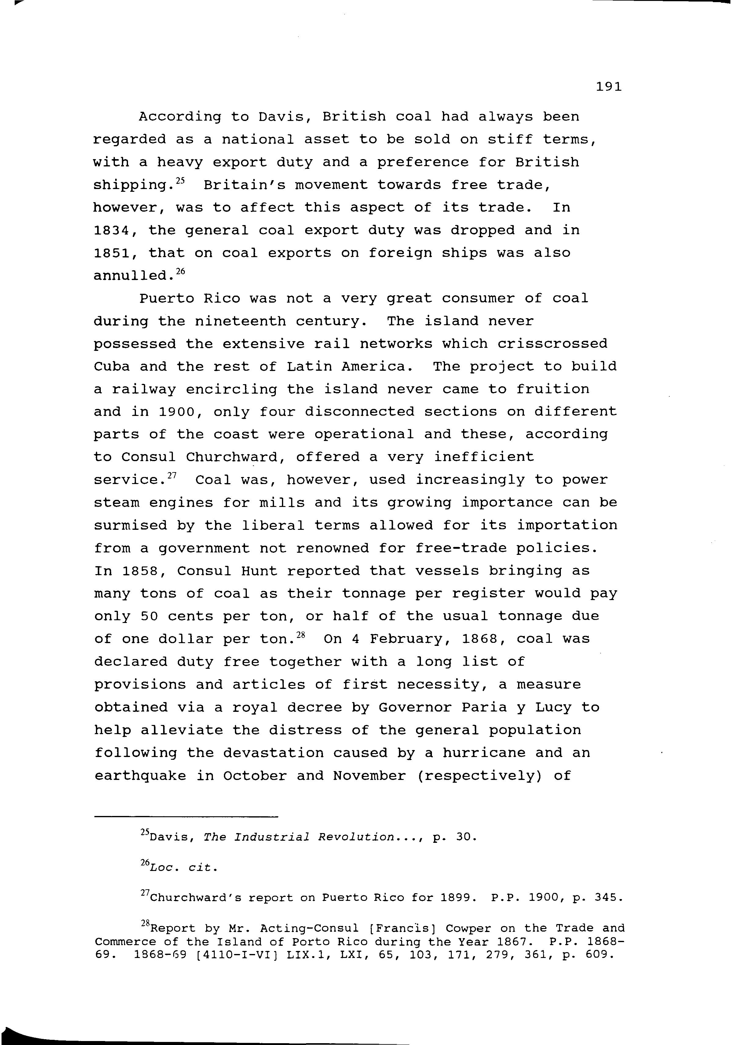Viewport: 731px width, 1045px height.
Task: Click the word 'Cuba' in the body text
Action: [x=111, y=366]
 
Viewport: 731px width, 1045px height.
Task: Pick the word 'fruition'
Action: [x=553, y=389]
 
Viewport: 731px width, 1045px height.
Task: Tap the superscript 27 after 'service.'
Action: [x=172, y=475]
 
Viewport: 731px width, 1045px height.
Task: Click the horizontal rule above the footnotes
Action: [x=186, y=818]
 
